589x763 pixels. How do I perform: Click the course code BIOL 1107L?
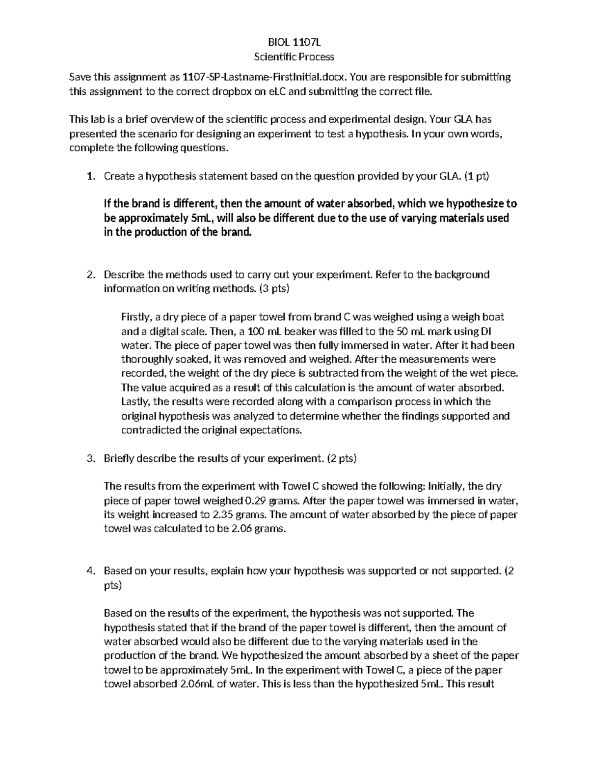[x=294, y=42]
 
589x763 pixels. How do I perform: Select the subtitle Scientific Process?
[x=294, y=57]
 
